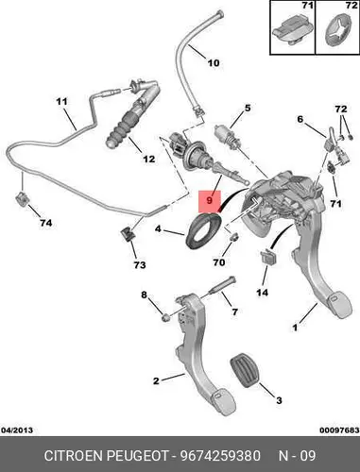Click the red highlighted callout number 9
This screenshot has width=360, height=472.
pyautogui.click(x=210, y=200)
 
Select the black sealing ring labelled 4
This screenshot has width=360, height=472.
pyautogui.click(x=202, y=230)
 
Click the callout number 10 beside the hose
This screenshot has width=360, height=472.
pyautogui.click(x=214, y=63)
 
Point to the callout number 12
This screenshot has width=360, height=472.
pyautogui.click(x=149, y=159)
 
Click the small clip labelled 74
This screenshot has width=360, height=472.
pyautogui.click(x=21, y=199)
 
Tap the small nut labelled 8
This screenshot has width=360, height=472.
pyautogui.click(x=165, y=318)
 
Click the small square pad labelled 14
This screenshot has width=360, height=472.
pyautogui.click(x=268, y=257)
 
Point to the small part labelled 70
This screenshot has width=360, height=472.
pyautogui.click(x=233, y=238)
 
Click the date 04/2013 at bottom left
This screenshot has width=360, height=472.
pyautogui.click(x=17, y=430)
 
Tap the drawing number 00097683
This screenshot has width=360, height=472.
pyautogui.click(x=339, y=430)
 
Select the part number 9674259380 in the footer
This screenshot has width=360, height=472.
pyautogui.click(x=220, y=456)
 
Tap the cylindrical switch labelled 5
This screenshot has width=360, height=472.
pyautogui.click(x=226, y=135)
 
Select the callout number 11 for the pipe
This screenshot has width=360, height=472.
pyautogui.click(x=61, y=102)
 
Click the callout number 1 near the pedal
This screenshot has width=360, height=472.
pyautogui.click(x=295, y=328)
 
